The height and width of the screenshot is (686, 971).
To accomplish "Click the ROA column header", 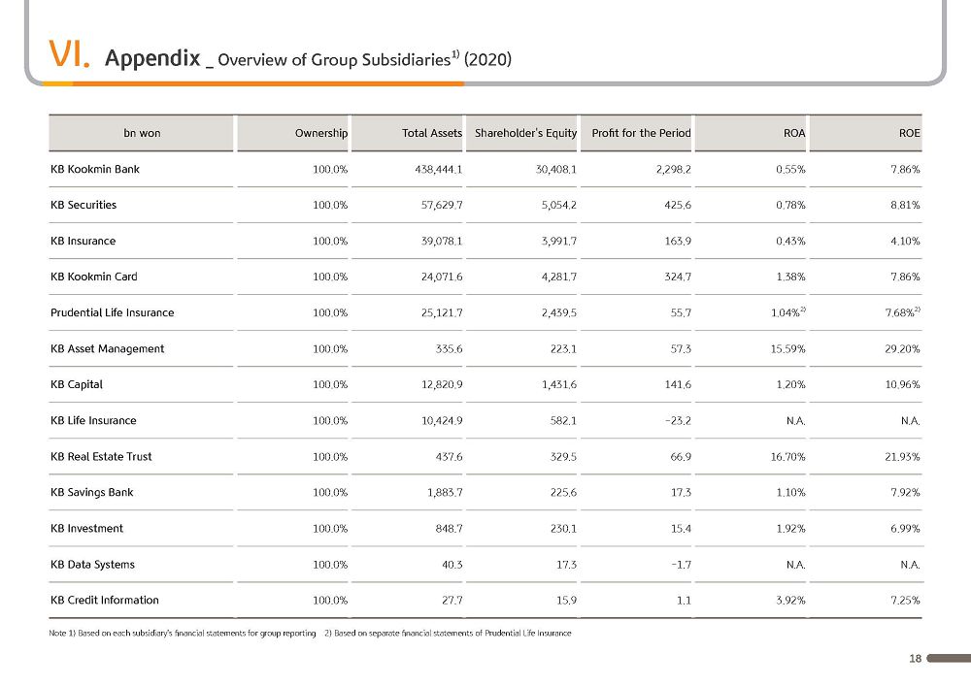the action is (x=794, y=133).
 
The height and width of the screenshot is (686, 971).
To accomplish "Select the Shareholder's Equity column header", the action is (x=525, y=134).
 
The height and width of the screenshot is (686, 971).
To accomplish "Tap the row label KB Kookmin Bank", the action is (x=95, y=169).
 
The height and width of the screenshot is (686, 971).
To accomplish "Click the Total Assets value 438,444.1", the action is (x=439, y=169).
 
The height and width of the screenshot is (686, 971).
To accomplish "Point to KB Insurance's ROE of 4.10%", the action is (x=905, y=241).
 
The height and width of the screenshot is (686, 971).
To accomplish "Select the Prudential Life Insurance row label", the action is (x=112, y=312).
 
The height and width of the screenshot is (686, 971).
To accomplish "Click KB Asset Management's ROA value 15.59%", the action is (x=787, y=349).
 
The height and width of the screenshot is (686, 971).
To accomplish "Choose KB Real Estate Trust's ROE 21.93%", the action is (x=902, y=456).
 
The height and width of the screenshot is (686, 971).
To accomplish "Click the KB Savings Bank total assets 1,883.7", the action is (x=445, y=492).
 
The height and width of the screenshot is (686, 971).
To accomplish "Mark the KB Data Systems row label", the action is (x=92, y=564).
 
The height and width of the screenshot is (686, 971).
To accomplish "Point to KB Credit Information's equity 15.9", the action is (x=566, y=600).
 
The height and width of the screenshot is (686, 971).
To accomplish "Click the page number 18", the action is (x=916, y=658).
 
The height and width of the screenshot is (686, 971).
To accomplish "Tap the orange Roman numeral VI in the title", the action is (x=69, y=53).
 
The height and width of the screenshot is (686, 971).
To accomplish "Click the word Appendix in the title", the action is (x=152, y=58).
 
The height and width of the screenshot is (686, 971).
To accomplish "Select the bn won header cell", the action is (x=142, y=133).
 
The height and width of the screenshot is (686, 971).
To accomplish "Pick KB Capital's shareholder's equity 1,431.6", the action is (x=559, y=385).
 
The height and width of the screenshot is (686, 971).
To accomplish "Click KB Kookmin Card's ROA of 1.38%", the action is (x=790, y=277).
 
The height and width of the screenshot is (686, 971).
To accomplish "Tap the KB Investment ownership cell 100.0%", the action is (x=330, y=528).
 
